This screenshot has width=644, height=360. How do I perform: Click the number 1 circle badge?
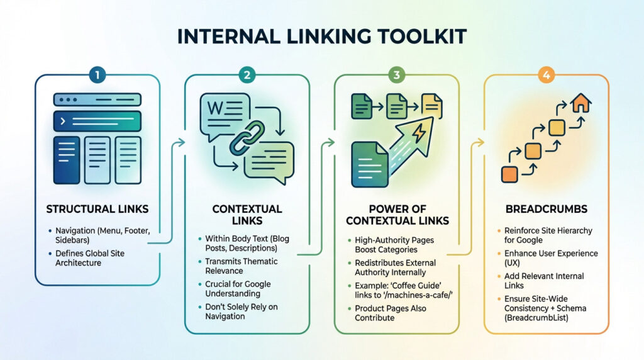97,75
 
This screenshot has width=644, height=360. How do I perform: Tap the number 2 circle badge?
247,75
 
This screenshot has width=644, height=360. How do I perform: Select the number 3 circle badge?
396,75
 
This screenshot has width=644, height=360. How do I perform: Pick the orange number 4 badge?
546,75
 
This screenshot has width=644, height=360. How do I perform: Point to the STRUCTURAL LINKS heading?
97,209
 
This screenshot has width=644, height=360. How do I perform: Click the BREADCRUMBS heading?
546,209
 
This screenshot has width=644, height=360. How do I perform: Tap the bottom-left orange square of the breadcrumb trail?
508,174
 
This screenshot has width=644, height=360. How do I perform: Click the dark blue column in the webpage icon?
67,160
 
